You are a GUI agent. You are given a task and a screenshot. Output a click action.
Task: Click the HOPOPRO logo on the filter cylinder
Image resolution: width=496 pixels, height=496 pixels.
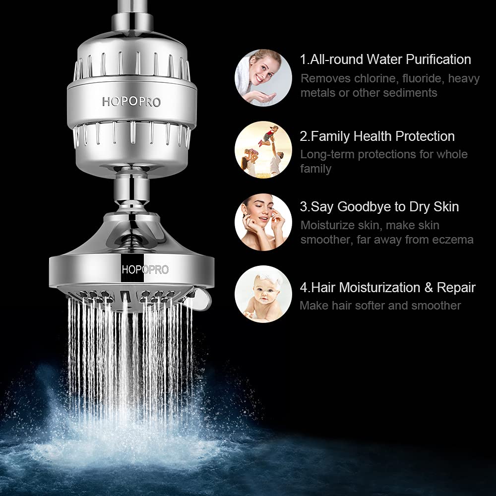[x=132, y=101]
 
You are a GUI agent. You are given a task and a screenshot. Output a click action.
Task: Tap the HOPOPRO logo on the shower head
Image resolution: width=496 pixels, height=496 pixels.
[x=145, y=270]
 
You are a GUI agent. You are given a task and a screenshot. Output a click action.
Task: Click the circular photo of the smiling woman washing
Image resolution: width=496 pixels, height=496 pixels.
[x=263, y=77]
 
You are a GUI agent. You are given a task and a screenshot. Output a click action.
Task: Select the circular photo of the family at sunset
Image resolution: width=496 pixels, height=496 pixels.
[x=263, y=149]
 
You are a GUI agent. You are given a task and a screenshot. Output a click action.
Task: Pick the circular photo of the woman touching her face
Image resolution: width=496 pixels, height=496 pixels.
[x=263, y=222]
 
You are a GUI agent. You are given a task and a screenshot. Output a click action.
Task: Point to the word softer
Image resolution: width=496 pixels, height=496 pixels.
[x=365, y=306]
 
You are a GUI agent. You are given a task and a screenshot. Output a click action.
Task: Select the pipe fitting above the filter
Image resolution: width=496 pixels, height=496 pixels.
[x=131, y=21]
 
